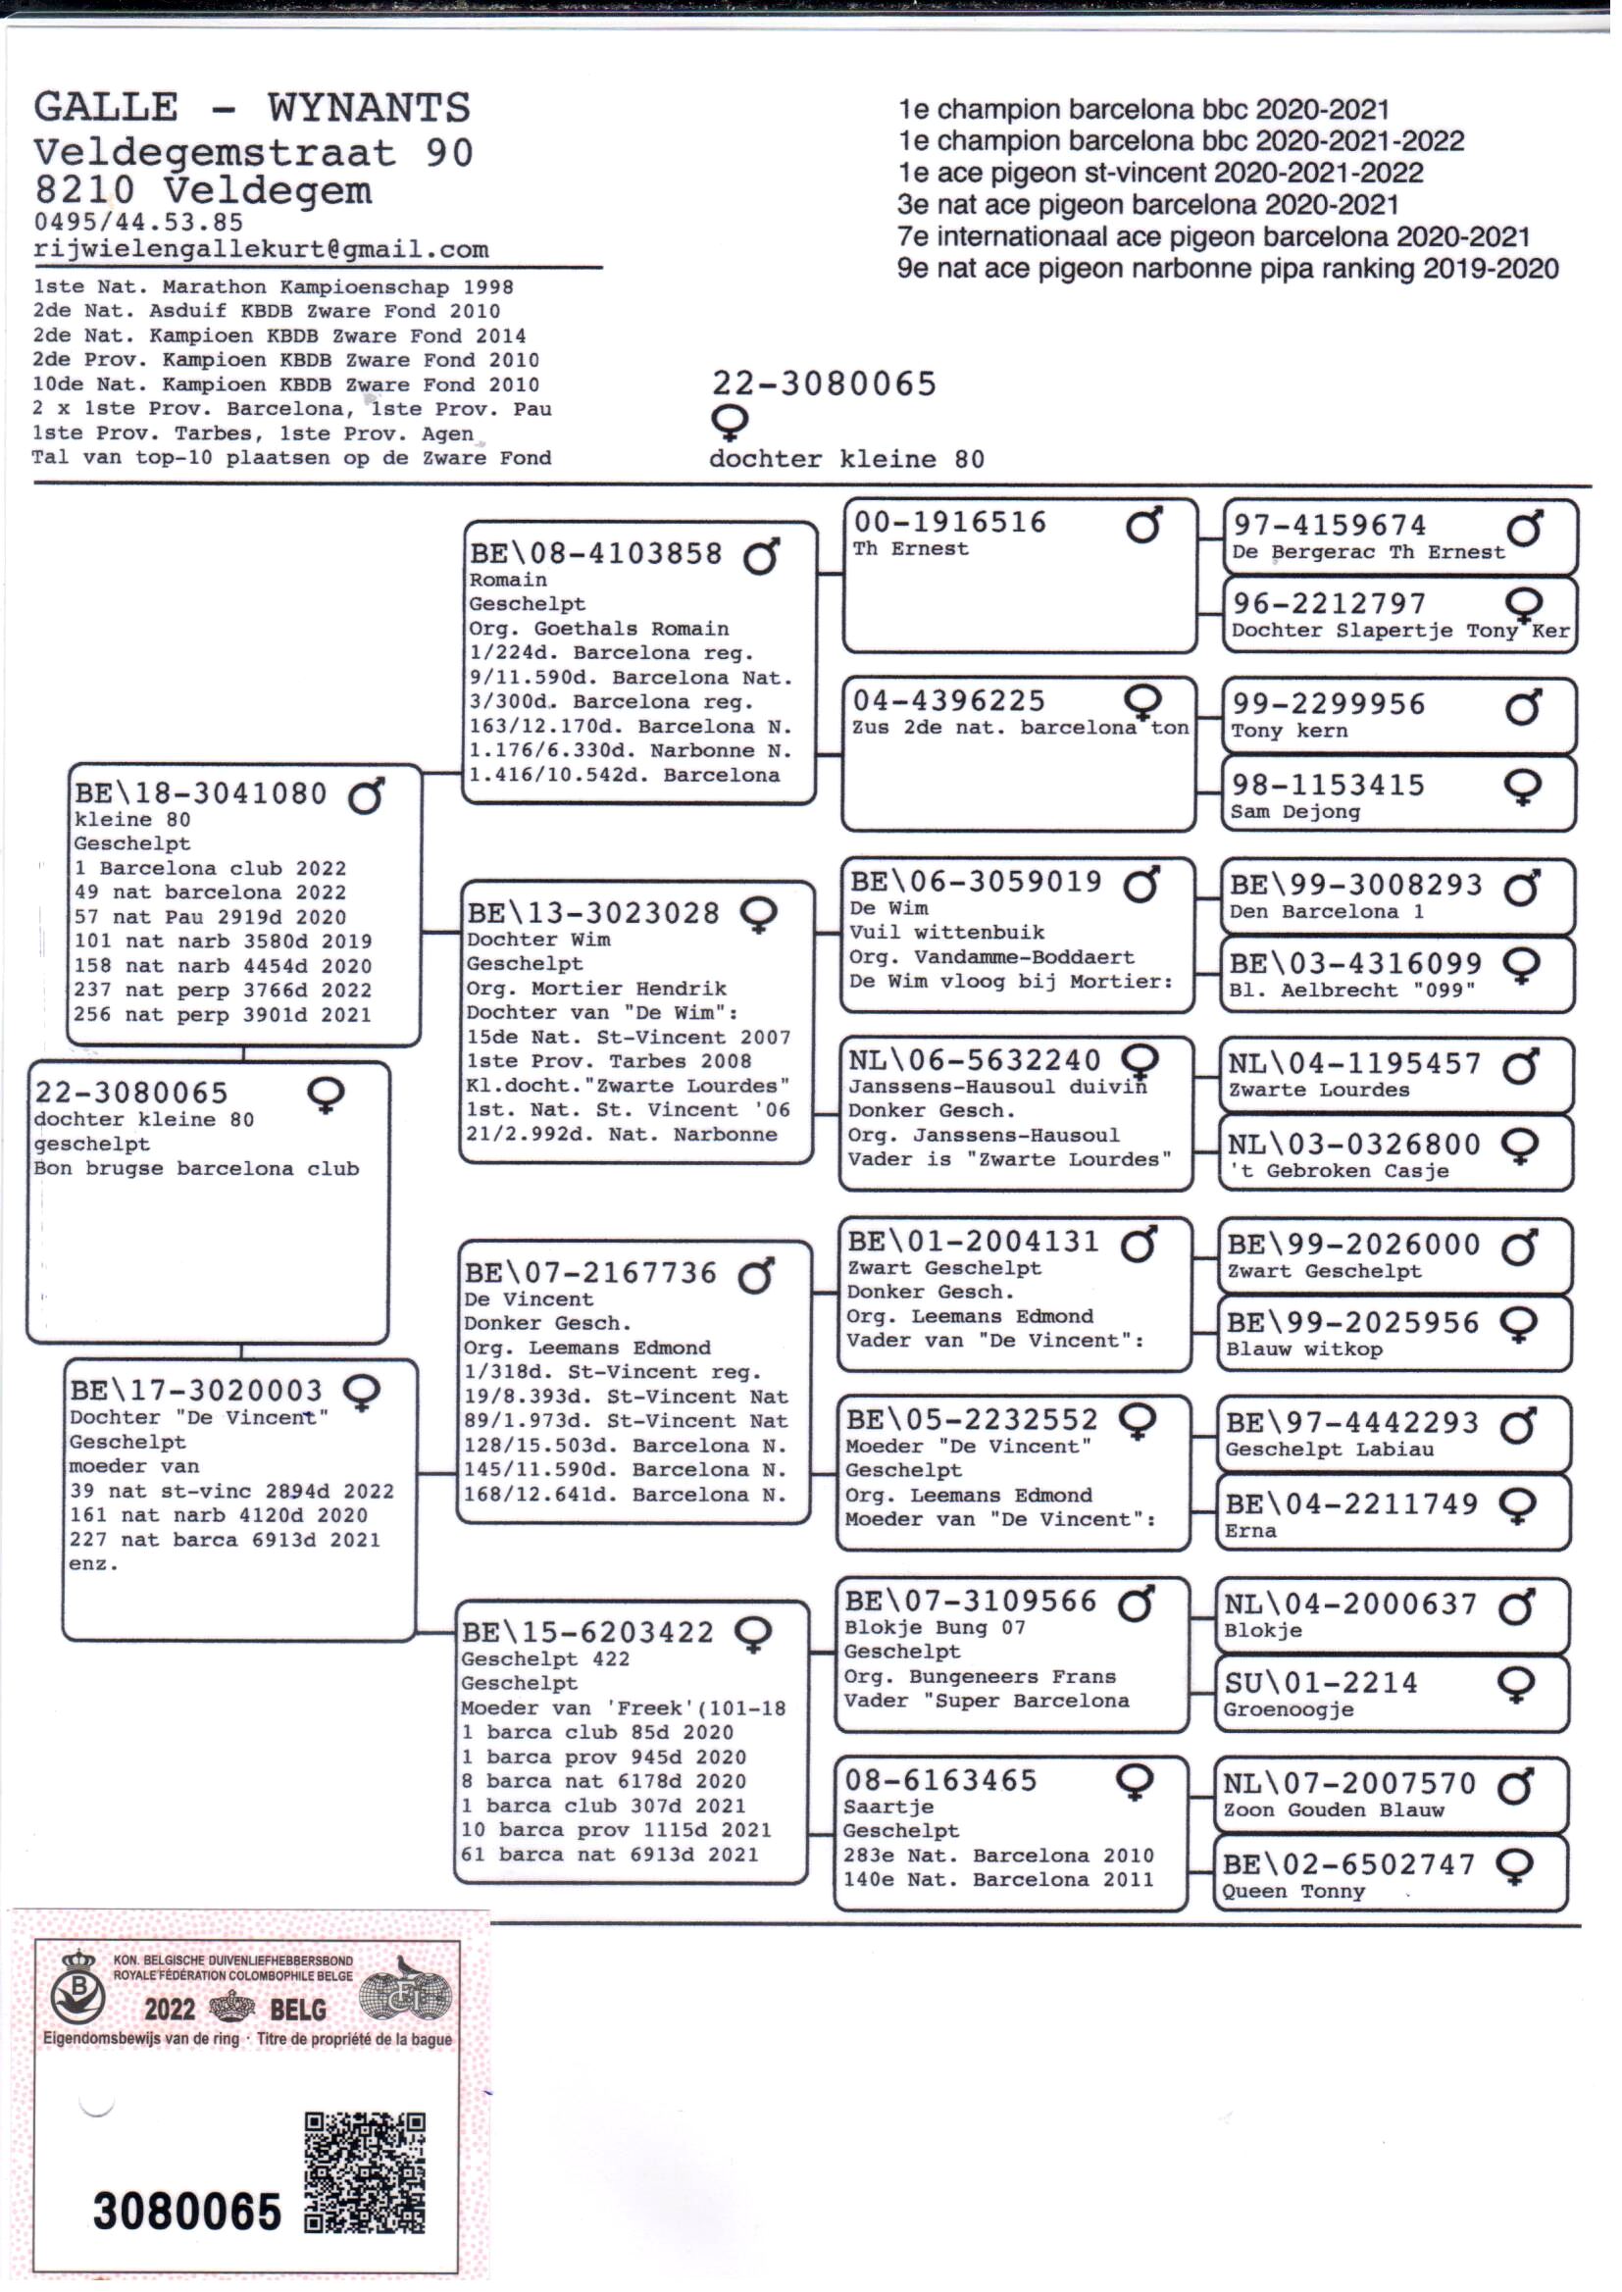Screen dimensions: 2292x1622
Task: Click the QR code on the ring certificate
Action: [x=364, y=2172]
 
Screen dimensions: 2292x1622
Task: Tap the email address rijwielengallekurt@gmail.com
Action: [x=261, y=249]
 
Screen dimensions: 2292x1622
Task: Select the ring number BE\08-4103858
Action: [x=595, y=553]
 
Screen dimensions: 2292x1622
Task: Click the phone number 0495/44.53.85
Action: [x=138, y=222]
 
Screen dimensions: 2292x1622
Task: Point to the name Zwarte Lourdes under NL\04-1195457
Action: [x=1317, y=1091]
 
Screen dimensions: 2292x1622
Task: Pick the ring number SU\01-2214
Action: [x=1320, y=1683]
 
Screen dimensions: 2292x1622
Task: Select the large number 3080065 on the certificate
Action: [x=186, y=2212]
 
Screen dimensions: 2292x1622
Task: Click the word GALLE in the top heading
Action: [x=106, y=108]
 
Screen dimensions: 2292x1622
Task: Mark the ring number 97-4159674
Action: [x=1330, y=526]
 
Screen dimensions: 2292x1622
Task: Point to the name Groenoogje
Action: [x=1289, y=1708]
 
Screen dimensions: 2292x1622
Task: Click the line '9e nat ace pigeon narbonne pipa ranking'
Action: [x=1227, y=269]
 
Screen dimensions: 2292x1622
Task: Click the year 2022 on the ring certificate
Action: [x=170, y=2010]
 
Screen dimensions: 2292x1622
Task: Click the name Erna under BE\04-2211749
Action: [x=1249, y=1531]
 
